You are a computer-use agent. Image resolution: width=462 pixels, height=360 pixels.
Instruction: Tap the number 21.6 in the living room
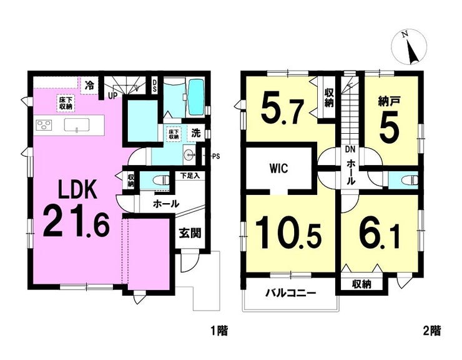pos(77,222)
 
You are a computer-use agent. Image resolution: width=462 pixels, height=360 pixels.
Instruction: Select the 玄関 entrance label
pos(190,233)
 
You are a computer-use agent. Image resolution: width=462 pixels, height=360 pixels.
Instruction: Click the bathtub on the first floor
pos(195,97)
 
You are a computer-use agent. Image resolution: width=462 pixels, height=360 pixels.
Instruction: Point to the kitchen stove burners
pos(44,124)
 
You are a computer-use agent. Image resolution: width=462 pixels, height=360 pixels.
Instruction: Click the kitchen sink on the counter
pos(77,124)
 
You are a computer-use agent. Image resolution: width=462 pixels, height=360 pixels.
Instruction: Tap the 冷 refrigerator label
pos(89,86)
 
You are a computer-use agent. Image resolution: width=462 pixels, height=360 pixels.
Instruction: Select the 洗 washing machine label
pos(196,133)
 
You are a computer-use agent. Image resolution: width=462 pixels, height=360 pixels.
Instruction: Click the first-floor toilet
pos(163,180)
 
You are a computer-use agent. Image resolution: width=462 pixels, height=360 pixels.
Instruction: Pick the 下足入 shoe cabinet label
pos(190,176)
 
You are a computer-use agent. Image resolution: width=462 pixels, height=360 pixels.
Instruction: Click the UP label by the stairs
pos(114,95)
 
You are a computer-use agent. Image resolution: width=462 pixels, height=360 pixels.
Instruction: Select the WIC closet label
pos(278,169)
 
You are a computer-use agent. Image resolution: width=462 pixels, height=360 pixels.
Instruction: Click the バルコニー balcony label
pos(291,293)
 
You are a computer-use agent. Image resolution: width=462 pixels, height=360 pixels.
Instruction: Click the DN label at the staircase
pos(350,149)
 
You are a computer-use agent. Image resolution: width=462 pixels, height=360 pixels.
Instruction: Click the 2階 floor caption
pos(432,331)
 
